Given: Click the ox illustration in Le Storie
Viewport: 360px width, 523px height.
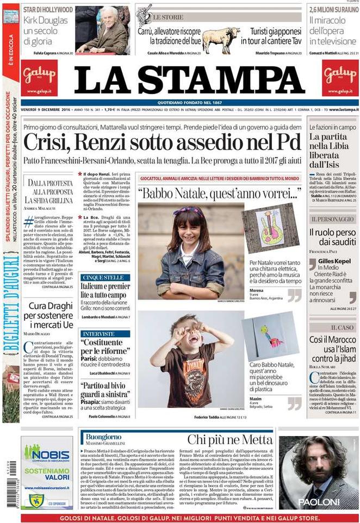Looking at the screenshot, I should (x=220, y=39).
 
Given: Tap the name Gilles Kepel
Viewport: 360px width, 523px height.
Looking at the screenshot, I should (x=332, y=261).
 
